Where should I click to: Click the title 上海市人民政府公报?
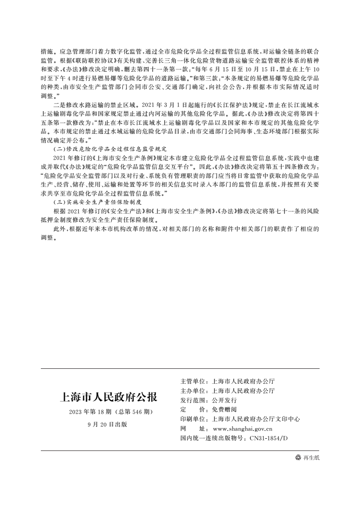[x=108, y=397]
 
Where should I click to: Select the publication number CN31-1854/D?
[x=269, y=438]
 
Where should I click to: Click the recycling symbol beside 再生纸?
[x=298, y=458]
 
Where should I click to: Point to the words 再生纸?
[x=311, y=458]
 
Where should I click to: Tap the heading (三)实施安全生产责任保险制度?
[x=98, y=201]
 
